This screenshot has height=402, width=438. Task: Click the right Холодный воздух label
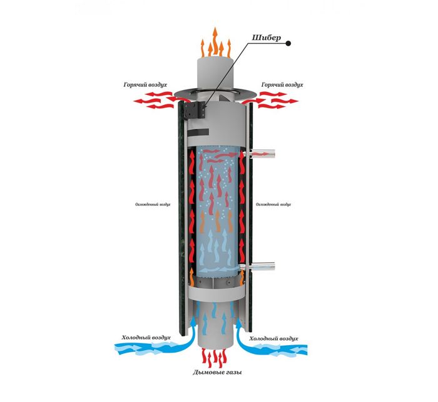click(x=274, y=338)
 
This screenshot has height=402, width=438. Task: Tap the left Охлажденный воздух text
click(x=153, y=204)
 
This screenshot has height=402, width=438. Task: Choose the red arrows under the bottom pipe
click(x=216, y=357)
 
